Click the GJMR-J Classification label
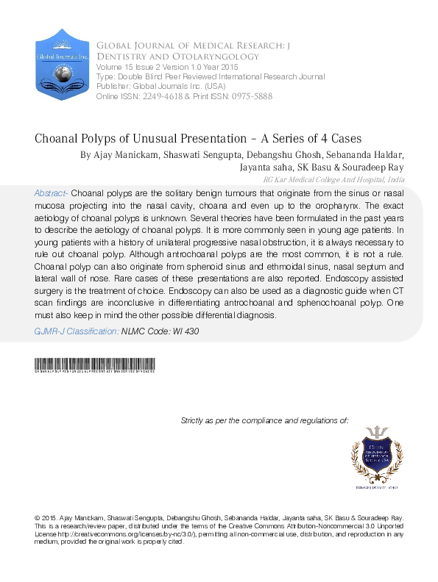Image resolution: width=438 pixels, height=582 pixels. tap(77, 331)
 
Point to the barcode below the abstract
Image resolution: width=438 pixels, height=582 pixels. tap(94, 364)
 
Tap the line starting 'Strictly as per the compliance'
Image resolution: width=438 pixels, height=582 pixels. tap(264, 420)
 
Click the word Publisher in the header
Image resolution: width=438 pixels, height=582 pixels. tap(110, 85)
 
